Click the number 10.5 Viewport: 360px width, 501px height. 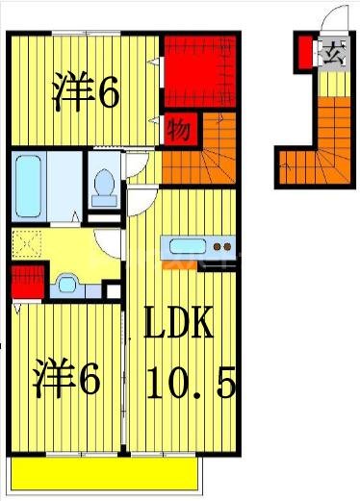point(190,384)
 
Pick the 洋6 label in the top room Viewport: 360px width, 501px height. point(87,92)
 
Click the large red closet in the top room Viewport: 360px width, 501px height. point(199,70)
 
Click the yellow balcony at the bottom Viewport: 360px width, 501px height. point(101,474)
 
